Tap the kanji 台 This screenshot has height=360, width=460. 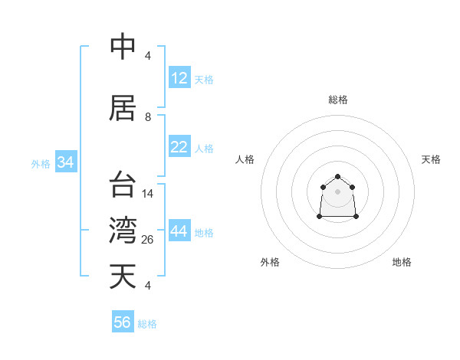pyautogui.click(x=123, y=185)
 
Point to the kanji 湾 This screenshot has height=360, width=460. pyautogui.click(x=123, y=230)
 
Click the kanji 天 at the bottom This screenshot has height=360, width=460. pyautogui.click(x=123, y=276)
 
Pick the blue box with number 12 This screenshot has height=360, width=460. pyautogui.click(x=179, y=78)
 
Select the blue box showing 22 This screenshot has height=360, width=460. pyautogui.click(x=179, y=147)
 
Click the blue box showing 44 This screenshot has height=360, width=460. pyautogui.click(x=179, y=231)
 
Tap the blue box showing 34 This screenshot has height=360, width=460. pyautogui.click(x=65, y=162)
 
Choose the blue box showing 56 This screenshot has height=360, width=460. pyautogui.click(x=123, y=322)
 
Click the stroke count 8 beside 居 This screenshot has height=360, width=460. pyautogui.click(x=148, y=117)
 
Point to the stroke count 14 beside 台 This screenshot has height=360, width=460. pyautogui.click(x=148, y=194)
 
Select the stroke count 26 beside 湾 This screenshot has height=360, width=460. pyautogui.click(x=148, y=240)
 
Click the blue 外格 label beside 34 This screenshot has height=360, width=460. pyautogui.click(x=41, y=163)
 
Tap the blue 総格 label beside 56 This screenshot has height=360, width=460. pyautogui.click(x=147, y=324)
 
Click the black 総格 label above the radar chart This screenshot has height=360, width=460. pyautogui.click(x=337, y=100)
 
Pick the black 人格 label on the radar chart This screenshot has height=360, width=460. pyautogui.click(x=245, y=159)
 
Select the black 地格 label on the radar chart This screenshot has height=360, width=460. pyautogui.click(x=402, y=262)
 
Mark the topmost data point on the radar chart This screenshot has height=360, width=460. pyautogui.click(x=337, y=177)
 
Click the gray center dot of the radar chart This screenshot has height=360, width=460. pyautogui.click(x=337, y=191)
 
